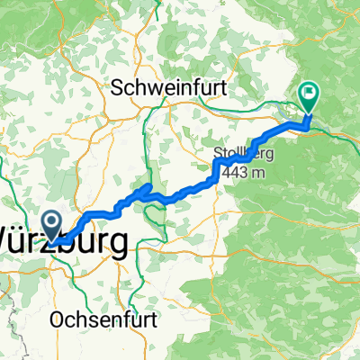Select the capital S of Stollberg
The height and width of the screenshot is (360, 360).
coord(219,154)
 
